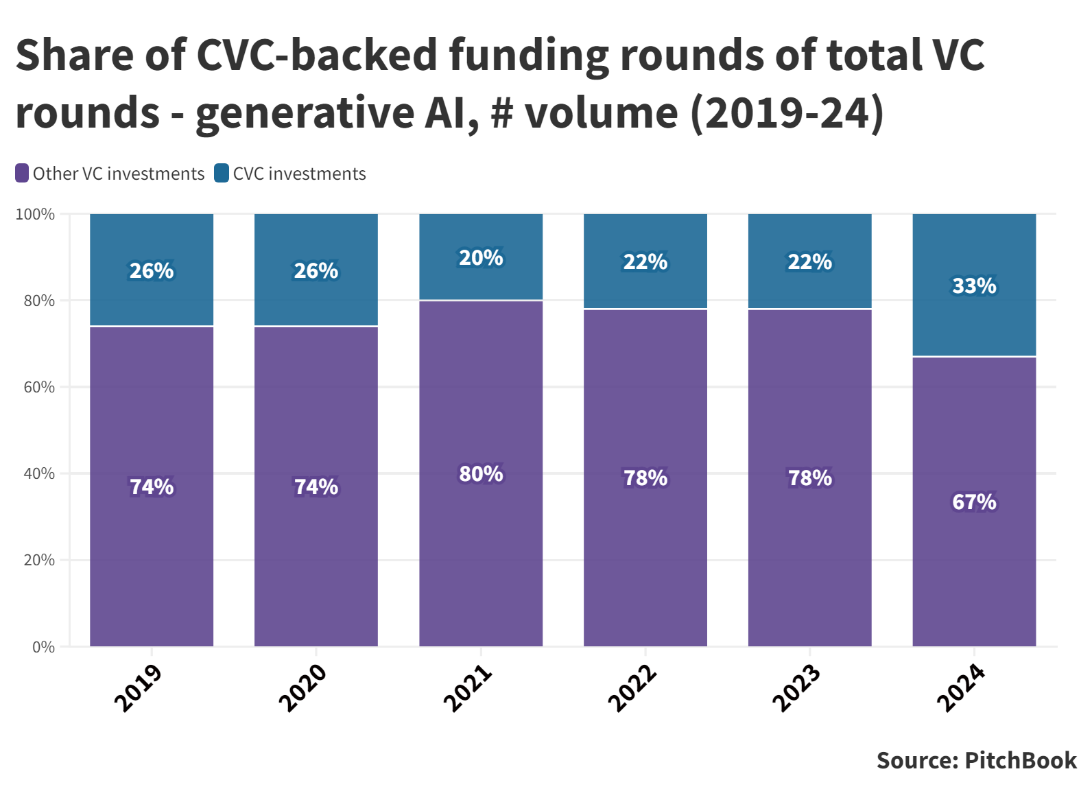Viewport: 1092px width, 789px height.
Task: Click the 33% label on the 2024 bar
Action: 974,285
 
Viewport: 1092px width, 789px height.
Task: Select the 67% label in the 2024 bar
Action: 974,502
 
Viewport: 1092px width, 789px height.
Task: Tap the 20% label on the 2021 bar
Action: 481,258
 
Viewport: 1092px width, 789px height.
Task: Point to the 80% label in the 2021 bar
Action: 481,474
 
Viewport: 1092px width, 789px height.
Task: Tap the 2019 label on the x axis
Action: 138,688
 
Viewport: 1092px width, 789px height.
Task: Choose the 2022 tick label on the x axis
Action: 632,688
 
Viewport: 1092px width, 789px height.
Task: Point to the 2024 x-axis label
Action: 961,688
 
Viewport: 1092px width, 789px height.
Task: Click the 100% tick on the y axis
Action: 35,215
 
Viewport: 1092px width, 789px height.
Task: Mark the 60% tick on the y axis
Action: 39,388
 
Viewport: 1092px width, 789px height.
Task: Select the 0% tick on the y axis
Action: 43,647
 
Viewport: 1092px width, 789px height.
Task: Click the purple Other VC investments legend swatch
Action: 22,174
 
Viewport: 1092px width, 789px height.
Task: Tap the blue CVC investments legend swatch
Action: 222,174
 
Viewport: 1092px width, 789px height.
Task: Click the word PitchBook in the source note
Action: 1021,761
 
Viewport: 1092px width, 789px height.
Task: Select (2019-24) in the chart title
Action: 787,113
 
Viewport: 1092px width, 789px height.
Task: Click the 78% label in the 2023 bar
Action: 809,478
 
